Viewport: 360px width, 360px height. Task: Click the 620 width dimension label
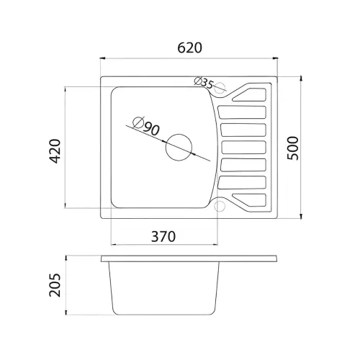[x=189, y=48]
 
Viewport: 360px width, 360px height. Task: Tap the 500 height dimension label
[x=293, y=148]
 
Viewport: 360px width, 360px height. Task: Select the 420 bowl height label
[x=55, y=151]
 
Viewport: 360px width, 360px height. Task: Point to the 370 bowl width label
[x=163, y=236]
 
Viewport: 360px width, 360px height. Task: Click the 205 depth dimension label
[x=55, y=285]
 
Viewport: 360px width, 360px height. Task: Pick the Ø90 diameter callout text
[x=146, y=126]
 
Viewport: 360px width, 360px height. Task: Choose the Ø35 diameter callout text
[x=204, y=82]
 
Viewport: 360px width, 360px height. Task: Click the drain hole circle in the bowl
[x=179, y=148]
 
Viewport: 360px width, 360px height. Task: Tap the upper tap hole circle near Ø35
[x=220, y=88]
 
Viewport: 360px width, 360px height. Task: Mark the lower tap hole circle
[x=220, y=206]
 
